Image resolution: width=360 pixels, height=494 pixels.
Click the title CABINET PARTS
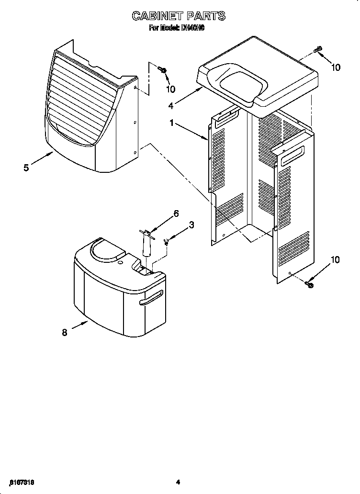click(x=178, y=16)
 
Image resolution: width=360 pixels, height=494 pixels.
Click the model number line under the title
click(x=178, y=28)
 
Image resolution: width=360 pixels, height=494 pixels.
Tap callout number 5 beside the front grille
click(x=27, y=167)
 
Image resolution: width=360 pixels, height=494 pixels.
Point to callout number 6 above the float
click(x=176, y=214)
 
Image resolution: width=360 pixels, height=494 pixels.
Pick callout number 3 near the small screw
click(x=191, y=225)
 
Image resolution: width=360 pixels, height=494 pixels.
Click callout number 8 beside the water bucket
click(x=65, y=333)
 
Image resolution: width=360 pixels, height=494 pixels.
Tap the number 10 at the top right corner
click(x=336, y=67)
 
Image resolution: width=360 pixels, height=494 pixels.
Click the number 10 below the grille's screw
click(x=170, y=89)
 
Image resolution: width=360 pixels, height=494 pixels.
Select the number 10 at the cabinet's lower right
click(x=335, y=260)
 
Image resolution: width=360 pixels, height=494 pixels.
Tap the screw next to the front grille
click(x=163, y=71)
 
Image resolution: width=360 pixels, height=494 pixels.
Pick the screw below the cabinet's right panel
click(x=309, y=284)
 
